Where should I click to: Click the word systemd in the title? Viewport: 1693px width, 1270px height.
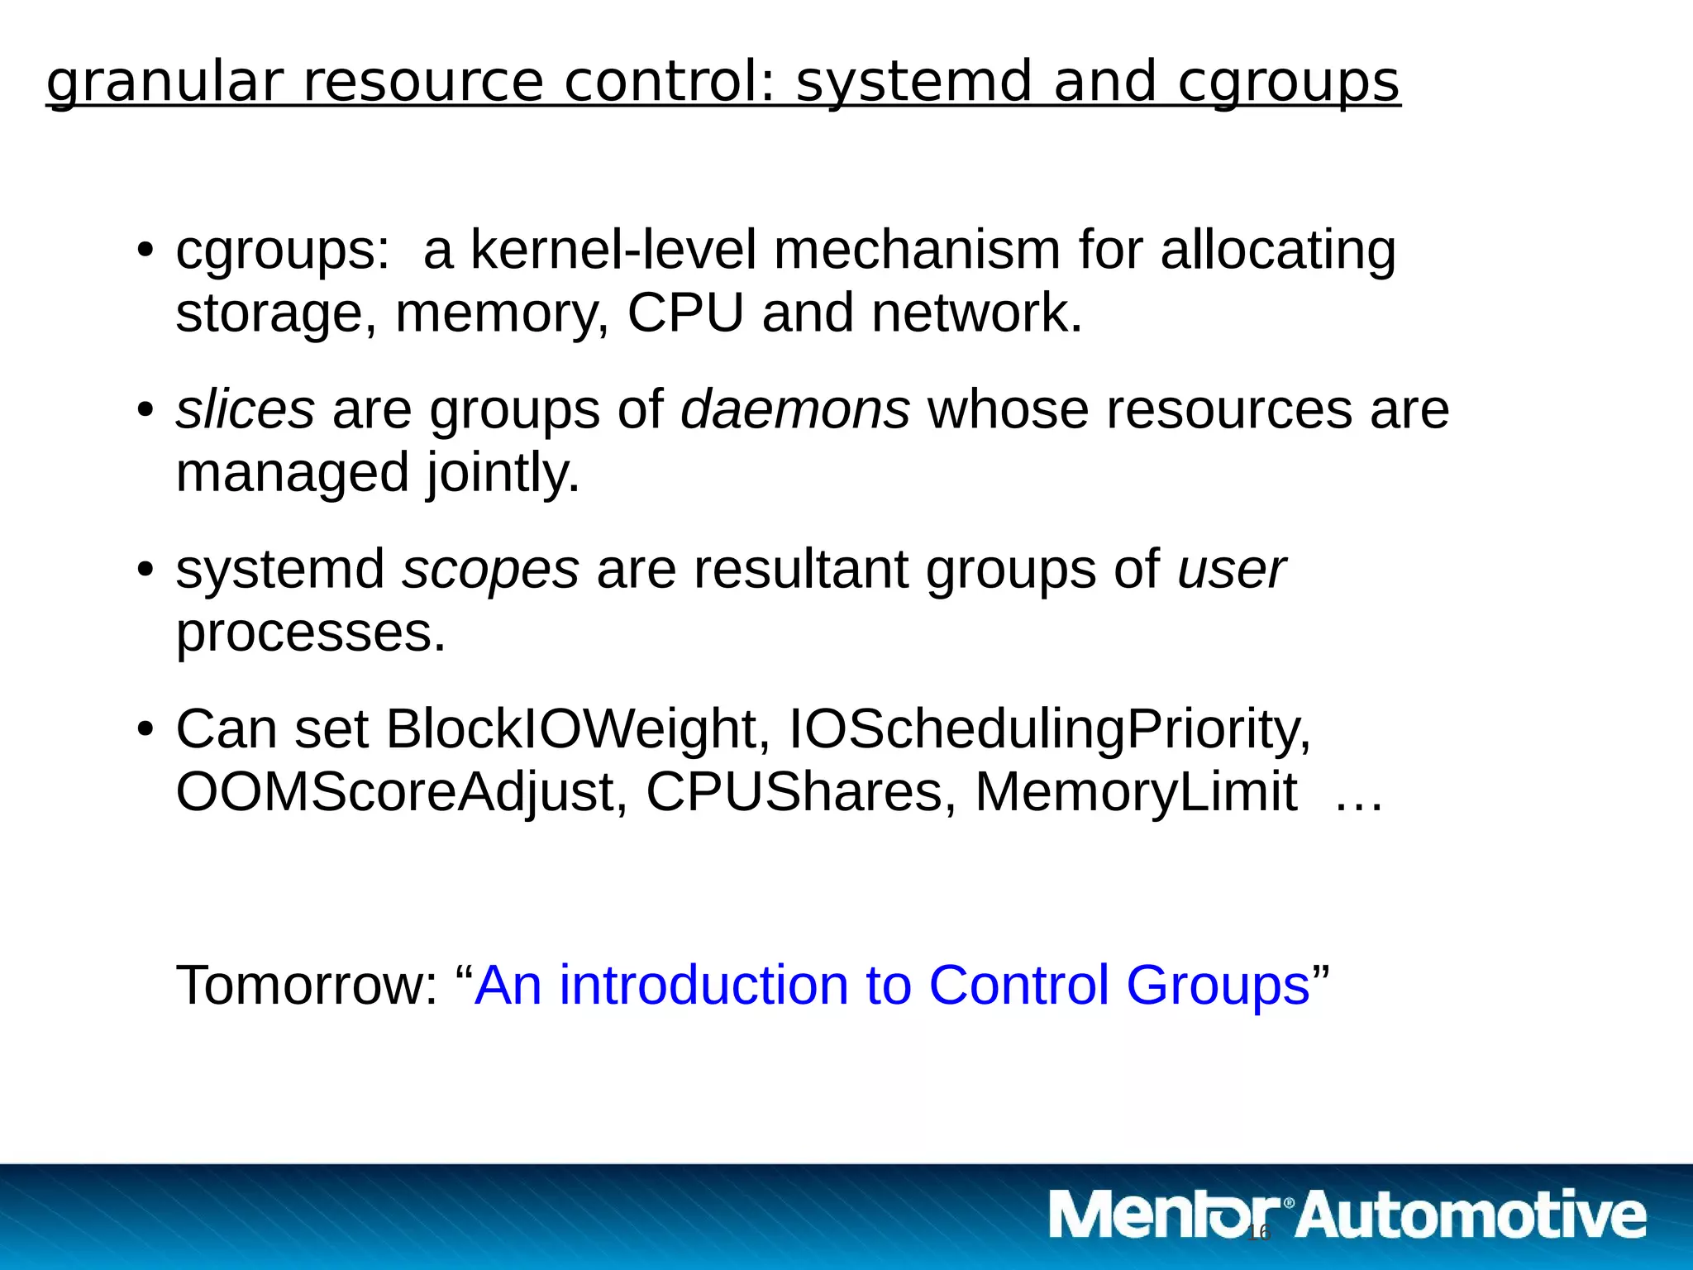[913, 83]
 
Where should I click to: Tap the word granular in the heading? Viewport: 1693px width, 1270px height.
[165, 83]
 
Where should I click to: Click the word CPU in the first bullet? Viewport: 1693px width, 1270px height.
[685, 313]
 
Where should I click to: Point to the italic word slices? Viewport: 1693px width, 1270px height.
[245, 409]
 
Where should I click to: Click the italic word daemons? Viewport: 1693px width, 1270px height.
[794, 409]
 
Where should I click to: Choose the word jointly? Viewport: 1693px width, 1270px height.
[503, 472]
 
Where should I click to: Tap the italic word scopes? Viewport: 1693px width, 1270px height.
[490, 570]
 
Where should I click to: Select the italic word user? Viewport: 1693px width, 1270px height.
[1231, 570]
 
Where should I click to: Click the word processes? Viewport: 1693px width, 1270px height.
[311, 633]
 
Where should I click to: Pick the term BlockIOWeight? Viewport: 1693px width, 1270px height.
[571, 729]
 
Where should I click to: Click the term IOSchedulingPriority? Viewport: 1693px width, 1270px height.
[1049, 729]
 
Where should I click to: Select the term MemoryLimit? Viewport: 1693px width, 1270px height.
[1136, 792]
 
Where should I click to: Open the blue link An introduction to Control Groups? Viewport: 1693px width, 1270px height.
[892, 986]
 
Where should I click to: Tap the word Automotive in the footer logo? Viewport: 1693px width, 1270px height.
[1471, 1216]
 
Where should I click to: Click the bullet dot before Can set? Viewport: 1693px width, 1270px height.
[145, 730]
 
